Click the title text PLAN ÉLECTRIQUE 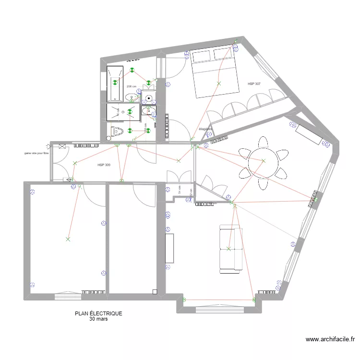98,313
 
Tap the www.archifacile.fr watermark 330,339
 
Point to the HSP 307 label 254,84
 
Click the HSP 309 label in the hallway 104,165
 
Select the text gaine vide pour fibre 36,154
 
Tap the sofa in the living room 230,249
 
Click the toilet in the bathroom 118,131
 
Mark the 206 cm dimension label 131,86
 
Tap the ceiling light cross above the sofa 228,249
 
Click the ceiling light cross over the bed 219,84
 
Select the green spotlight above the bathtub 115,83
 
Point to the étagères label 205,129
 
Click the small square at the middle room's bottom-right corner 155,291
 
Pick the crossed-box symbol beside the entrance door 62,146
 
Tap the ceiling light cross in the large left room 68,239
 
